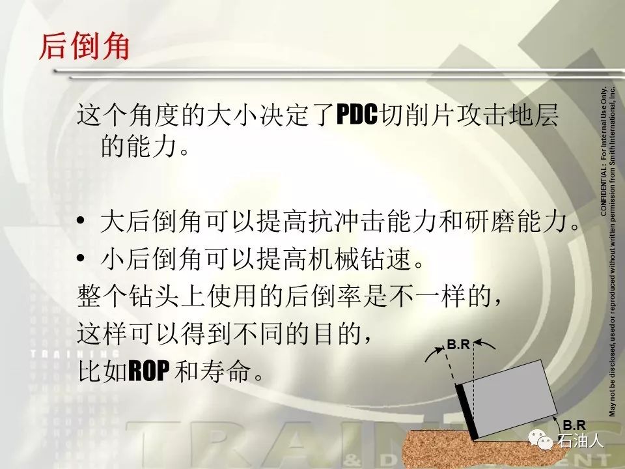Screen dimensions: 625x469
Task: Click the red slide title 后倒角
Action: click(x=85, y=47)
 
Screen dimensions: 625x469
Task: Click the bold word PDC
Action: click(x=356, y=115)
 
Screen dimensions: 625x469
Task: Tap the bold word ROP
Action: click(x=150, y=371)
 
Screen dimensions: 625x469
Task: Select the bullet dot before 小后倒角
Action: click(x=81, y=258)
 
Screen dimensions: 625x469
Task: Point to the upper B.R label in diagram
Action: click(x=458, y=344)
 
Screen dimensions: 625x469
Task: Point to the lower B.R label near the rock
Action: click(x=574, y=425)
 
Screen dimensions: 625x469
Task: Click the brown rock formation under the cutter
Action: click(x=470, y=449)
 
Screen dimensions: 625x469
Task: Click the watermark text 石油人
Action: click(x=580, y=440)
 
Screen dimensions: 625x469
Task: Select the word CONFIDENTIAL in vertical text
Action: click(x=603, y=192)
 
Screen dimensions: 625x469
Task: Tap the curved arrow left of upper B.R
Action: click(x=434, y=353)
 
